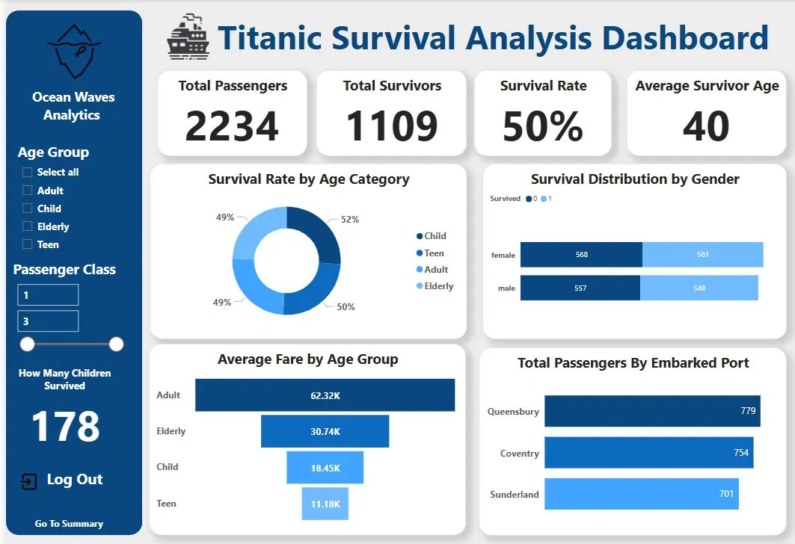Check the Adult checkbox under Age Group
28,191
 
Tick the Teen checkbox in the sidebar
28,244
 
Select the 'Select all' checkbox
28,172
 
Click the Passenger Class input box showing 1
48,295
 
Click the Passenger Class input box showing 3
48,321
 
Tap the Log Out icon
28,480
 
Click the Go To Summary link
69,524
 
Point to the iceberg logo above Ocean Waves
73,52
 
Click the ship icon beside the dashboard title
188,37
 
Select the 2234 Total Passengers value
232,126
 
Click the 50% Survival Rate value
543,126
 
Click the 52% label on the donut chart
350,220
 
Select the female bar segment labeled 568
581,255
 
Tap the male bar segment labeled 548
699,288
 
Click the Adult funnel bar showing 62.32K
325,395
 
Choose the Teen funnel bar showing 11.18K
325,504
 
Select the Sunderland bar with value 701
641,494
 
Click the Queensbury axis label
513,412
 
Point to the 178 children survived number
65,427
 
